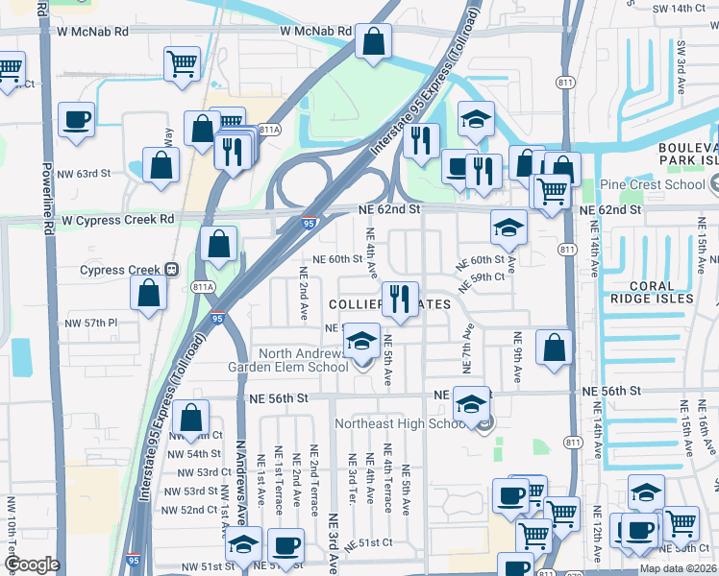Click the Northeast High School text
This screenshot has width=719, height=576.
[x=401, y=423]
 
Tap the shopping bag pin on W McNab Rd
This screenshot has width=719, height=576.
[x=373, y=42]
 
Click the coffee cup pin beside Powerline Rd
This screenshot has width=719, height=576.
[x=76, y=120]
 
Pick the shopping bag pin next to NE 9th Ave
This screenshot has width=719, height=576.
[x=555, y=347]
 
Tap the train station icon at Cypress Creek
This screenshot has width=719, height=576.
[x=172, y=270]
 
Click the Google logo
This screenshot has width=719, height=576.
[x=32, y=564]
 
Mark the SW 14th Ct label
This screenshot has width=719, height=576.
[x=683, y=8]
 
